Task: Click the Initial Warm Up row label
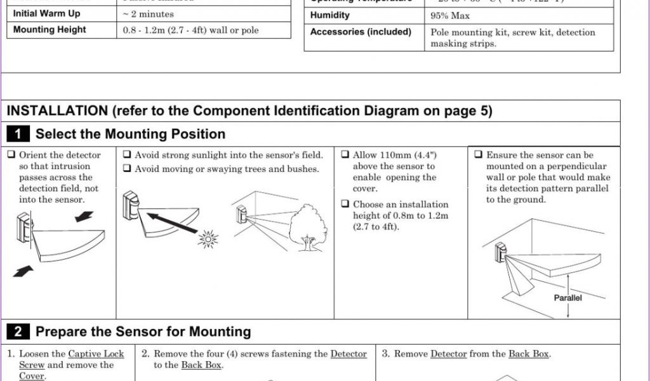[x=46, y=13]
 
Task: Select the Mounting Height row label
[x=50, y=30]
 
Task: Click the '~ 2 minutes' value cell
[x=147, y=14]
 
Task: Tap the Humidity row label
[x=329, y=15]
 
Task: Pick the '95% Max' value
[x=450, y=16]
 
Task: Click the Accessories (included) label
[x=361, y=32]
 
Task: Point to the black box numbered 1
[x=18, y=134]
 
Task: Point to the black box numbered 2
[x=18, y=331]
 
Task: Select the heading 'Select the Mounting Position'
[x=130, y=134]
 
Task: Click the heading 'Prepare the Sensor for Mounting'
[x=143, y=331]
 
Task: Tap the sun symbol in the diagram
[x=208, y=239]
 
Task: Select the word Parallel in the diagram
[x=567, y=298]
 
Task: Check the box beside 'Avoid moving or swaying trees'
[x=127, y=169]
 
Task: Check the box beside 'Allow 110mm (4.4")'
[x=345, y=155]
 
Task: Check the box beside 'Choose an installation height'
[x=345, y=204]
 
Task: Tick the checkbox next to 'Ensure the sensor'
[x=478, y=155]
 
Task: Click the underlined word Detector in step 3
[x=448, y=354]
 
